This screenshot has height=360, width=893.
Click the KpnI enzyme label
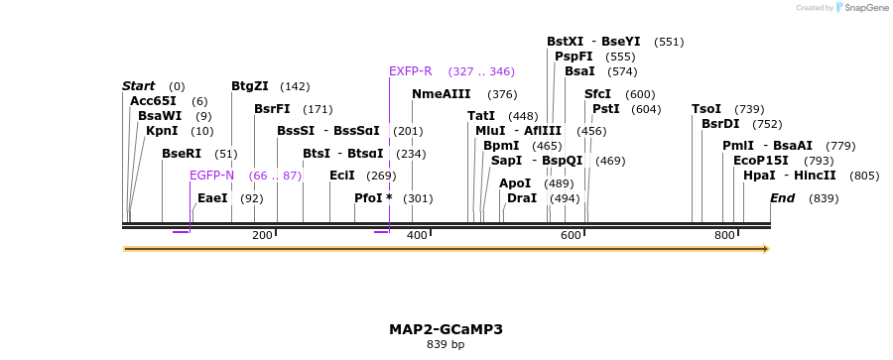[162, 131]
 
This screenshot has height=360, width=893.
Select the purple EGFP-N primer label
[211, 176]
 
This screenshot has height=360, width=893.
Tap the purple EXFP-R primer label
[411, 71]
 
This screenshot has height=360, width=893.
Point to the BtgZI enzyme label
[250, 86]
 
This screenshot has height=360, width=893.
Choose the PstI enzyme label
[605, 109]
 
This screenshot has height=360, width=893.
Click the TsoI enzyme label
[706, 109]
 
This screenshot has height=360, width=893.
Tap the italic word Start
[138, 86]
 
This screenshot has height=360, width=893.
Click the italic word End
[783, 198]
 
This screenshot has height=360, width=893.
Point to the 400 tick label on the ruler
[417, 235]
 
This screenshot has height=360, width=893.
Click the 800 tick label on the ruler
[725, 235]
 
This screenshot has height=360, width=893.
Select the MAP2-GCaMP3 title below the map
[446, 328]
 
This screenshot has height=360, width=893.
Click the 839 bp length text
[446, 345]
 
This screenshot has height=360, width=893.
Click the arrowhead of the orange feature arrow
[764, 249]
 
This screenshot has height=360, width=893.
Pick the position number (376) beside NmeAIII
[502, 94]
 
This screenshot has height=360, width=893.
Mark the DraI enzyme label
[522, 198]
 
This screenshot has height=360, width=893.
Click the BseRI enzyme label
[182, 154]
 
